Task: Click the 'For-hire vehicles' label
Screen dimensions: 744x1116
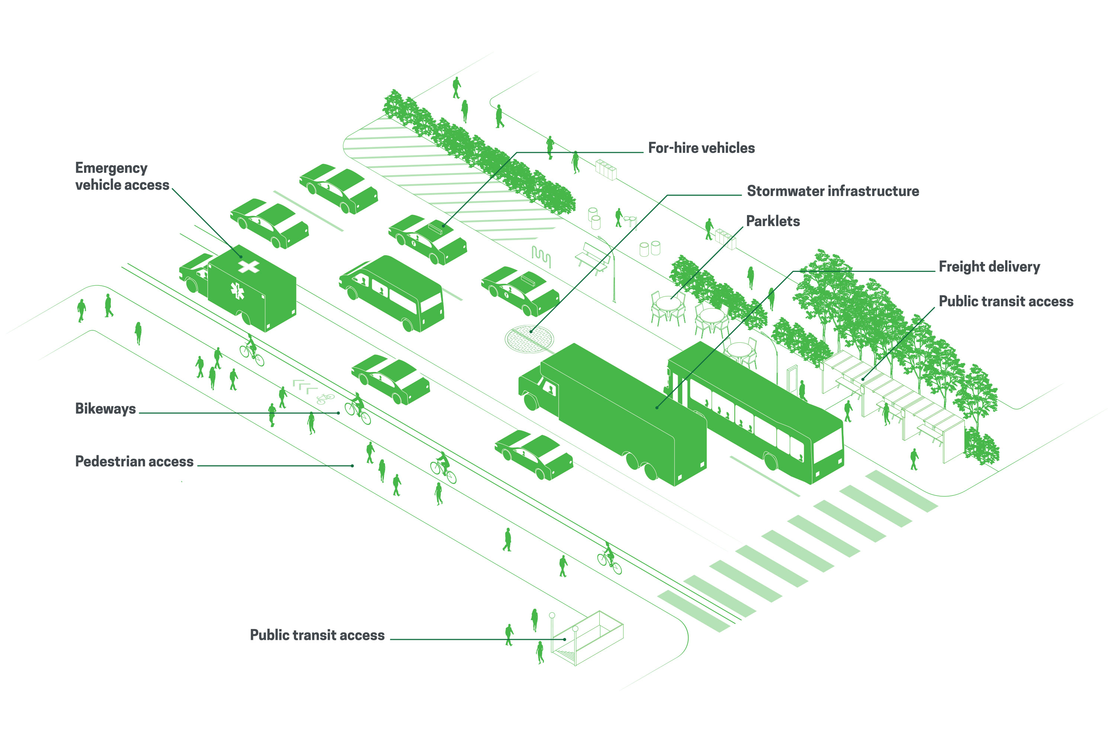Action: [x=701, y=148]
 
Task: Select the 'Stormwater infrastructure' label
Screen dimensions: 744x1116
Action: [x=833, y=191]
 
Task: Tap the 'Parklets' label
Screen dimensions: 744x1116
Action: [x=773, y=221]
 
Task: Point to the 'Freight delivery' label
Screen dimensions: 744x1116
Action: [x=989, y=267]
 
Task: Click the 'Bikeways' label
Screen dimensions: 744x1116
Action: [x=105, y=409]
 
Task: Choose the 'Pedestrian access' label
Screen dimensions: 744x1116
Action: [x=134, y=462]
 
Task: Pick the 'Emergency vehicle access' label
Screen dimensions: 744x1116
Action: [x=122, y=176]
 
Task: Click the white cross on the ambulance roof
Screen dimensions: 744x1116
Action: [x=248, y=266]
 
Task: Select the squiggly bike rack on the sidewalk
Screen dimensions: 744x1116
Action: [x=541, y=256]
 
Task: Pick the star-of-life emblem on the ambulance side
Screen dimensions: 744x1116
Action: [x=237, y=291]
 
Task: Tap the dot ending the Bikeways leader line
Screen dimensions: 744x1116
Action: [x=338, y=413]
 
